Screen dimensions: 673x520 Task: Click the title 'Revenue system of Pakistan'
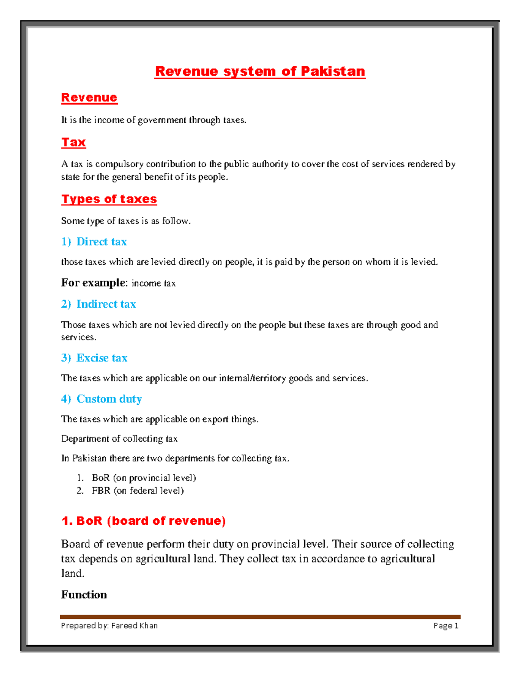pos(260,72)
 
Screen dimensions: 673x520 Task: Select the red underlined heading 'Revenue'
pos(89,98)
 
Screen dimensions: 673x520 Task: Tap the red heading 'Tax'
pos(74,142)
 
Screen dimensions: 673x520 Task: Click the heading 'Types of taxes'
pos(109,199)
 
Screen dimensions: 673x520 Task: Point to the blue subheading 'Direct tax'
pos(101,242)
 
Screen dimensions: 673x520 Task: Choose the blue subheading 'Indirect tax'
pos(106,304)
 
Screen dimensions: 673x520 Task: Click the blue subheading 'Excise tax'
pos(102,358)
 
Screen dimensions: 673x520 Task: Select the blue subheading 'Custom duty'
pos(109,399)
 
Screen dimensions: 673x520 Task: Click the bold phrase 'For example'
pos(93,283)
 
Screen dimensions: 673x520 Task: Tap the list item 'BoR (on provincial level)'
pos(144,478)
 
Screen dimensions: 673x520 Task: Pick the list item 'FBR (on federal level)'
pos(138,491)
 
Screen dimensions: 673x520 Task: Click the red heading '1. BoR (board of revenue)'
pos(143,521)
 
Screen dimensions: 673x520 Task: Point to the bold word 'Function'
pos(84,595)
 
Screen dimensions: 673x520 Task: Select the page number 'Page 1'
pos(446,625)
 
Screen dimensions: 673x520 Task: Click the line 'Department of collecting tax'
pos(119,439)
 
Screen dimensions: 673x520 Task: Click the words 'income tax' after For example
pos(153,283)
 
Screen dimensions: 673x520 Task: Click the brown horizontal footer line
pos(260,617)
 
